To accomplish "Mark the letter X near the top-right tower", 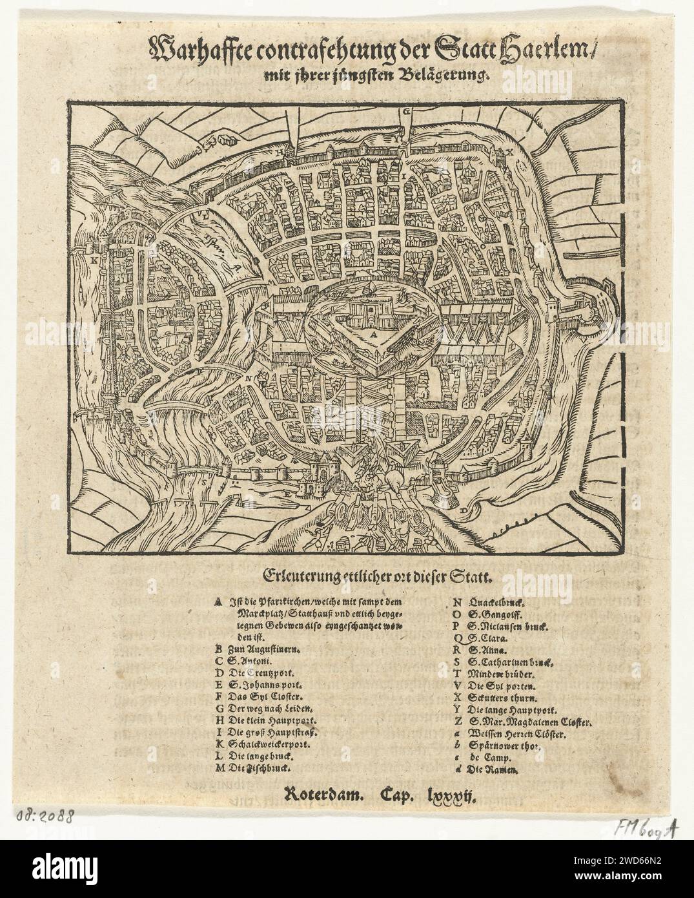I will coord(509,152).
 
